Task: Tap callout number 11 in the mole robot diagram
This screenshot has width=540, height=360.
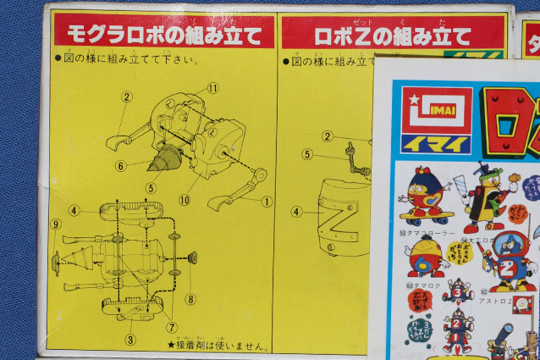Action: [x=212, y=88]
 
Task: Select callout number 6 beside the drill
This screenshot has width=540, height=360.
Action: [x=121, y=166]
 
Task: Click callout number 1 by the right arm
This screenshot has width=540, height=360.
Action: [x=267, y=202]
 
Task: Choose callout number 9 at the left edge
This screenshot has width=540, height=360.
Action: [x=56, y=224]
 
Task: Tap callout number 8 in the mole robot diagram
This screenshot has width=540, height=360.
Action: [x=190, y=298]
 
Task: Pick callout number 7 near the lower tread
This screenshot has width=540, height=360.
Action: [x=172, y=327]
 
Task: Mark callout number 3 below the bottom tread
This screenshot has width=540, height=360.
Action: [x=129, y=339]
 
